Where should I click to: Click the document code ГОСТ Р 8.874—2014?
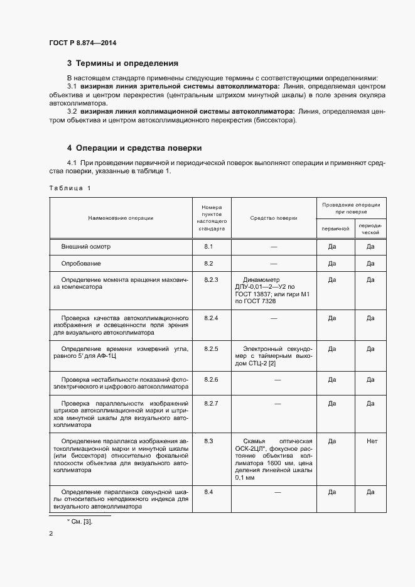pyautogui.click(x=82, y=43)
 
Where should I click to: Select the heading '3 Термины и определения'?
pyautogui.click(x=122, y=63)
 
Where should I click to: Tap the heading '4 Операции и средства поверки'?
pyautogui.click(x=134, y=148)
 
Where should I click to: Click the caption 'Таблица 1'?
pyautogui.click(x=70, y=188)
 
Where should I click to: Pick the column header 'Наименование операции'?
pyautogui.click(x=121, y=218)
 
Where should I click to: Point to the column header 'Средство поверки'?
pyautogui.click(x=273, y=218)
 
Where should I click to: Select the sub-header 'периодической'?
pyautogui.click(x=370, y=228)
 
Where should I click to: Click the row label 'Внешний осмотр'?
pyautogui.click(x=85, y=247)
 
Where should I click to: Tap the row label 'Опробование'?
pyautogui.click(x=81, y=263)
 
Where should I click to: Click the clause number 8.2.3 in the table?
pyautogui.click(x=210, y=279)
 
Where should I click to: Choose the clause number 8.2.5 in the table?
pyautogui.click(x=210, y=348)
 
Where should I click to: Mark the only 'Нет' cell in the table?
pyautogui.click(x=371, y=441)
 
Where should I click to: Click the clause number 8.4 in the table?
pyautogui.click(x=208, y=491)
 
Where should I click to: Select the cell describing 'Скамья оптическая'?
pyautogui.click(x=273, y=460)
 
